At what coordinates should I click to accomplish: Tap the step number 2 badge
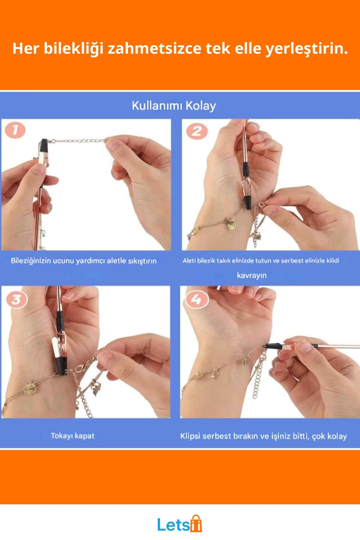click(x=197, y=131)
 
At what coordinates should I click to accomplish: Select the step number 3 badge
click(x=16, y=299)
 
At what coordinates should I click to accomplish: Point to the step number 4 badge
click(x=196, y=299)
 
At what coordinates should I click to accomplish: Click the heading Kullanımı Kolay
click(x=174, y=106)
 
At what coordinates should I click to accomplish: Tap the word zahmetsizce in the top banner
click(x=154, y=48)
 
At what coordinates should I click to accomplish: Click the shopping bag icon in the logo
click(x=196, y=523)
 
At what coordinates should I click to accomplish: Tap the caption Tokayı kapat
click(x=73, y=436)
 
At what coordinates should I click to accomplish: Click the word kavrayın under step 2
click(x=252, y=275)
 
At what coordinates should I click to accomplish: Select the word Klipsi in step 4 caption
click(x=190, y=436)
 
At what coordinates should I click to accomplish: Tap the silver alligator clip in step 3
click(x=58, y=348)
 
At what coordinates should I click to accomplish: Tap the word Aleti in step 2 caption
click(x=189, y=260)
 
